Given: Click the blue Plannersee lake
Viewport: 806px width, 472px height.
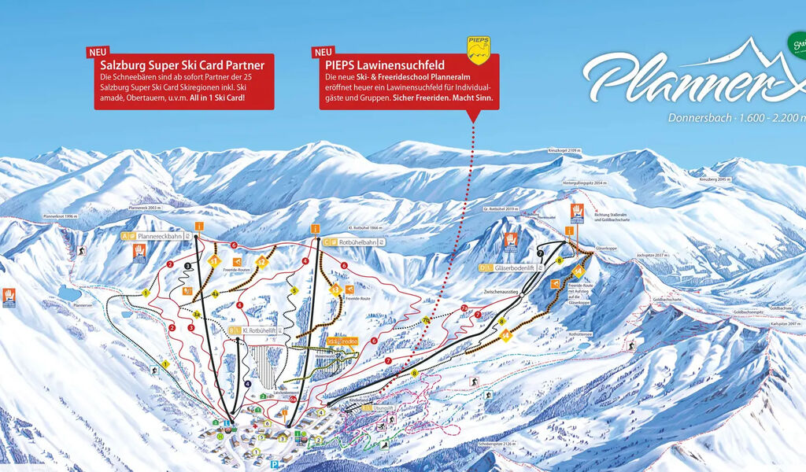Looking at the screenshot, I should click(x=72, y=293).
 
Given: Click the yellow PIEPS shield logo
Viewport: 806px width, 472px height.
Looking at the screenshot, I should click(x=479, y=49).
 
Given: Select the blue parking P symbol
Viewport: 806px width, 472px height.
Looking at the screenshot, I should click(x=273, y=465).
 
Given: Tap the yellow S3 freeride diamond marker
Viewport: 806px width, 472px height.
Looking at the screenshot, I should click(x=336, y=289).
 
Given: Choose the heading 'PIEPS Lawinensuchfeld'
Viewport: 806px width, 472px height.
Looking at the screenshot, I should click(x=384, y=65).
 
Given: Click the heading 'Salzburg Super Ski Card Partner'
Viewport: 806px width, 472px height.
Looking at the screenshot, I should click(x=182, y=65).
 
